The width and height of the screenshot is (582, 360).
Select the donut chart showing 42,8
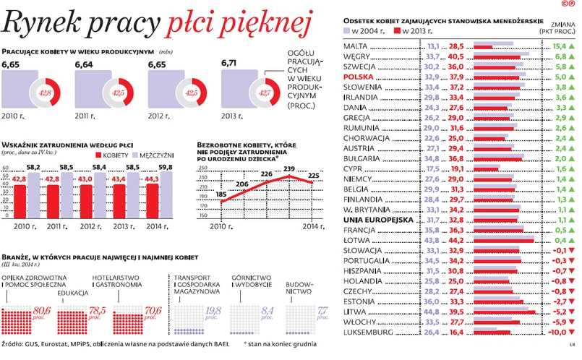click(x=43, y=93)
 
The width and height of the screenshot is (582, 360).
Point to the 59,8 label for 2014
click(x=166, y=168)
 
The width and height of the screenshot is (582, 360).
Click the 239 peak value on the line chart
click(x=288, y=169)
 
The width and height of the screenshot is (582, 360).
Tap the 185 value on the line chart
click(x=221, y=194)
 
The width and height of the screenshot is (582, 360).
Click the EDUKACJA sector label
click(x=73, y=293)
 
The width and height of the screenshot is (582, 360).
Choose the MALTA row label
click(x=357, y=46)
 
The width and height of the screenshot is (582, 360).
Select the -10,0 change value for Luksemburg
click(x=555, y=333)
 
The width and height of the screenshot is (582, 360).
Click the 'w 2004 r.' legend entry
click(x=370, y=33)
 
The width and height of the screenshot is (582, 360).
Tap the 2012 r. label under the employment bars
click(x=90, y=226)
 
